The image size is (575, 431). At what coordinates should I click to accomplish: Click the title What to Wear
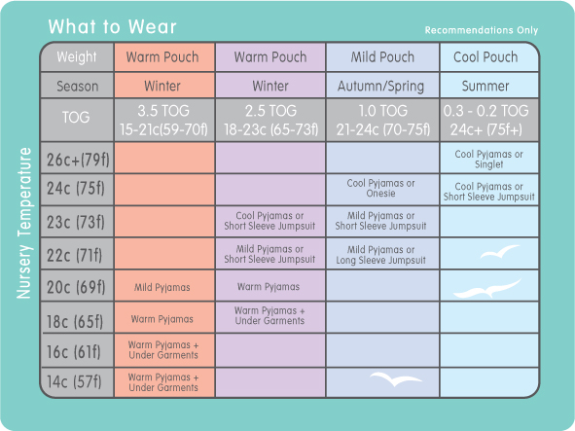tap(112, 27)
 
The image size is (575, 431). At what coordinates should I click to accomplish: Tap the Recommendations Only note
tap(482, 30)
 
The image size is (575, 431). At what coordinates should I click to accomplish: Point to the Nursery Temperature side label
tap(24, 223)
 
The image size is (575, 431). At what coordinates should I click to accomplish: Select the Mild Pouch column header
tap(382, 56)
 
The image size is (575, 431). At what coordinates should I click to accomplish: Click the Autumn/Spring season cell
tap(380, 87)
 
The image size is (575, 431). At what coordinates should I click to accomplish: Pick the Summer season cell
tap(485, 87)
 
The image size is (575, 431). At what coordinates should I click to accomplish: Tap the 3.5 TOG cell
tap(163, 120)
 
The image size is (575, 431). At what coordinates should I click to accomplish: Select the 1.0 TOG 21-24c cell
tap(382, 120)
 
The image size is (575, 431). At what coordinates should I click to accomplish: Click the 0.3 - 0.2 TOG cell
tap(485, 120)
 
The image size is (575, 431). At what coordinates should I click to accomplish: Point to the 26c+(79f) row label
tap(78, 160)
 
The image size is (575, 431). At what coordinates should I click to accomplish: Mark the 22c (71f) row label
tap(75, 255)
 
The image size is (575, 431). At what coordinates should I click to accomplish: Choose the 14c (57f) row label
tap(74, 381)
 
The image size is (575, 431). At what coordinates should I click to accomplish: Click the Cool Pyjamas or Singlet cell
tap(488, 160)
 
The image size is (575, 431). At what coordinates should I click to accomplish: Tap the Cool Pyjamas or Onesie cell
tap(380, 188)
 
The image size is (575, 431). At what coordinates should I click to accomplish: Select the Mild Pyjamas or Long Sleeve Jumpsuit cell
tap(380, 255)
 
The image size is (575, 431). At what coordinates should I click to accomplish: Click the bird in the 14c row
tap(396, 378)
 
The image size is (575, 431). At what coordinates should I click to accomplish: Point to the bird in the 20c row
tap(487, 289)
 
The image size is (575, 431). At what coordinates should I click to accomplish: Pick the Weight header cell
tap(76, 56)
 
